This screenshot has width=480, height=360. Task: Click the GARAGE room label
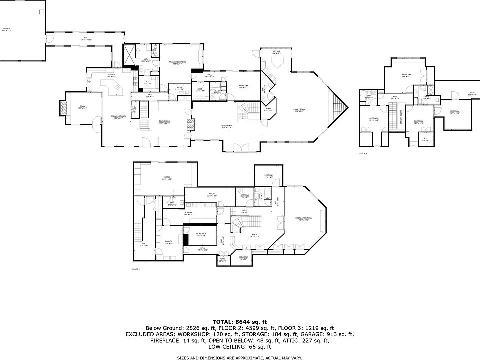click(7, 29)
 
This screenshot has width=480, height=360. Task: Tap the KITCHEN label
click(111, 75)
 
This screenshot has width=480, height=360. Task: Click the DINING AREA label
click(165, 122)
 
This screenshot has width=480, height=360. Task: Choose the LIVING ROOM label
click(227, 126)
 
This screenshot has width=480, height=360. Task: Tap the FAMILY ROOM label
click(300, 110)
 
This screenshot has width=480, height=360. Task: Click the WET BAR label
click(276, 52)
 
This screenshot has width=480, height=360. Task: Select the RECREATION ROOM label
click(303, 219)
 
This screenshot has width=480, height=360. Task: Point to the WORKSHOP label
click(201, 234)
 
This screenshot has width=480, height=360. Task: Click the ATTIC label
click(471, 93)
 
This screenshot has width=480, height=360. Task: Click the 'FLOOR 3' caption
click(363, 154)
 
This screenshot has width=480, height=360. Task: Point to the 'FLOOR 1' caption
click(136, 269)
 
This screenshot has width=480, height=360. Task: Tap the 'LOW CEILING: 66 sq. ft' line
click(240, 347)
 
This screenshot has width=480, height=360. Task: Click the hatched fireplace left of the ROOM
click(63, 108)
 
